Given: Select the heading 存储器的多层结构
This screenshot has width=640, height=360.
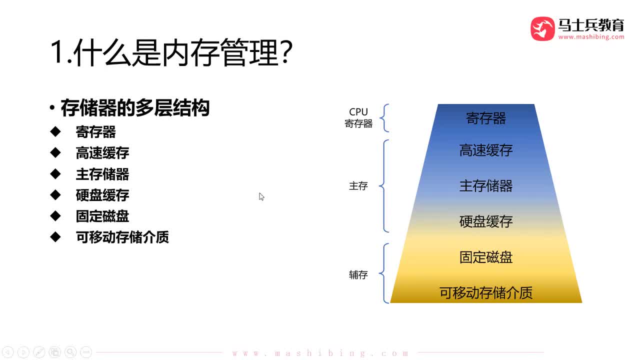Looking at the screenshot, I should (134, 108).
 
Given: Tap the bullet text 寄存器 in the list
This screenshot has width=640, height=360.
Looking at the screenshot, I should (95, 132).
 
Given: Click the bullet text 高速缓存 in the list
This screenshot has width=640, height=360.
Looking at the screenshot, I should (102, 153).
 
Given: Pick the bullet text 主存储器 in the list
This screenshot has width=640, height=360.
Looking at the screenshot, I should (102, 174).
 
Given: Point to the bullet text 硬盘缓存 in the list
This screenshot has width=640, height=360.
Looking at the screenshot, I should (102, 195).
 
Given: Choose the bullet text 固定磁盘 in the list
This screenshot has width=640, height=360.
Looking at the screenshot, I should (102, 216).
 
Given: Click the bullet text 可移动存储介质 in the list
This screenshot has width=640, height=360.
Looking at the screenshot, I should (122, 237).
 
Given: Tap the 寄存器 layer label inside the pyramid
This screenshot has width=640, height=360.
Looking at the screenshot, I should (486, 118).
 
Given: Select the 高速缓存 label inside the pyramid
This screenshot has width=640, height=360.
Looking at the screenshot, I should (486, 150).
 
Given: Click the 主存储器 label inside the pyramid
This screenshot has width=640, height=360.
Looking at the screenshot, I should (486, 186).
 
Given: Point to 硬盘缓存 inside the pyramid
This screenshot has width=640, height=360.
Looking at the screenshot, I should (486, 221).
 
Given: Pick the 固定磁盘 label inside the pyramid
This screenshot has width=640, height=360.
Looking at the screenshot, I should (486, 257).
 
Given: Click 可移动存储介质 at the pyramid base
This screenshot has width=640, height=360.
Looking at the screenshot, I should (486, 292).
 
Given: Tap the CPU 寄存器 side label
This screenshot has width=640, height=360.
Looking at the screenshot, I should (358, 118).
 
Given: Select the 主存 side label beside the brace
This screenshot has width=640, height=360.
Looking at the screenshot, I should (358, 186).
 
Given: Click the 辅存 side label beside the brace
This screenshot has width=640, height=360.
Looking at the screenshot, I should (358, 275).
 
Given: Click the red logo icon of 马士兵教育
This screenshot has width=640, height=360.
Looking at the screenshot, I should (542, 28).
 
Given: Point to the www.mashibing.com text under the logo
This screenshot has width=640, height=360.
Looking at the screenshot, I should (591, 37).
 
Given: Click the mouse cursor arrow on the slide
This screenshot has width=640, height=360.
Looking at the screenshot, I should (261, 196).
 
